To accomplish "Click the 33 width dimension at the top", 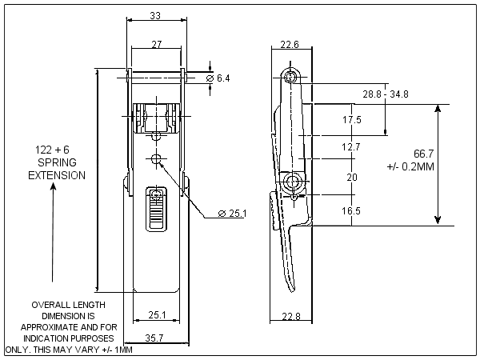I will tap(155, 16).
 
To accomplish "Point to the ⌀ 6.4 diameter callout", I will tap(218, 78).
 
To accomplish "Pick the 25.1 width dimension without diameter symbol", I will tap(155, 315).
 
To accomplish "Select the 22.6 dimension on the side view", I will tap(290, 45).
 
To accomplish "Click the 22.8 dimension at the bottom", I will tap(291, 318).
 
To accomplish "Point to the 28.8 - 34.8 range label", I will tap(386, 94).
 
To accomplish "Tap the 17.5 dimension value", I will tap(351, 120).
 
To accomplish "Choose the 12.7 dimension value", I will tap(351, 147).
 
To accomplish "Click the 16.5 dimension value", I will tap(351, 210).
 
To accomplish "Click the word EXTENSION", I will tap(57, 175).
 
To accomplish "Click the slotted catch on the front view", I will tap(156, 210).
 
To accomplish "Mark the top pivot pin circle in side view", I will tap(290, 77).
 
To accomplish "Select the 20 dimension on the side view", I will tap(351, 178).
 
